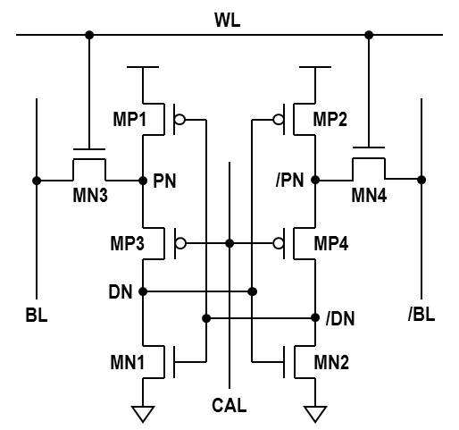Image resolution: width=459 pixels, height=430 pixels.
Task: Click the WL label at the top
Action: tap(228, 21)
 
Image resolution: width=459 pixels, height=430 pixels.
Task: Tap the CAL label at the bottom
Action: tap(229, 405)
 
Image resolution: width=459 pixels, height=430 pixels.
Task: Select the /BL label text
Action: tap(421, 314)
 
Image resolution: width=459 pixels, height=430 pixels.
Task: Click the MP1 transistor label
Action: tap(129, 119)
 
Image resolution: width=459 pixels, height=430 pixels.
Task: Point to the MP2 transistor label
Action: tap(330, 119)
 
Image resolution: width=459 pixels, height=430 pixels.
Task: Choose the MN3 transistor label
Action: tap(90, 196)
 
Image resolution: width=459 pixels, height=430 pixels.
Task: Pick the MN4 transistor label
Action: tap(369, 196)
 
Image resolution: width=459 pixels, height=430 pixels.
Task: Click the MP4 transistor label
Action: tap(331, 243)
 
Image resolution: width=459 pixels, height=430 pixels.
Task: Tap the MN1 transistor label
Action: tap(128, 362)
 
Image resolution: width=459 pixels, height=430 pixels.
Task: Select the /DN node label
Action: tap(340, 319)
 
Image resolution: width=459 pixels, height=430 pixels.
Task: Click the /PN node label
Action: tap(290, 181)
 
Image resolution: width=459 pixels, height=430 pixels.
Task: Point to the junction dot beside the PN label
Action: tap(143, 181)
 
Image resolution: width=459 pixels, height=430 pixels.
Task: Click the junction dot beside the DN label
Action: tap(143, 291)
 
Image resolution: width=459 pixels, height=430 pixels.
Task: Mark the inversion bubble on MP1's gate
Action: tap(179, 120)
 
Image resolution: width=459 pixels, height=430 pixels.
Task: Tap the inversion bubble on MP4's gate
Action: tap(278, 243)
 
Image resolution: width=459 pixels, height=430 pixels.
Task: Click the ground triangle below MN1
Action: tap(143, 414)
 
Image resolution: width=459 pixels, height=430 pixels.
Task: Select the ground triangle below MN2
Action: tap(315, 414)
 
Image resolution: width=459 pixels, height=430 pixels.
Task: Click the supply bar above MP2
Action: tap(315, 67)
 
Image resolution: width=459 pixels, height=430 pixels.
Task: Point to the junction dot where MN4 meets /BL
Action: tap(421, 180)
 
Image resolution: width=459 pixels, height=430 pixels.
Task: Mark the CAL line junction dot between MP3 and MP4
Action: tap(229, 243)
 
